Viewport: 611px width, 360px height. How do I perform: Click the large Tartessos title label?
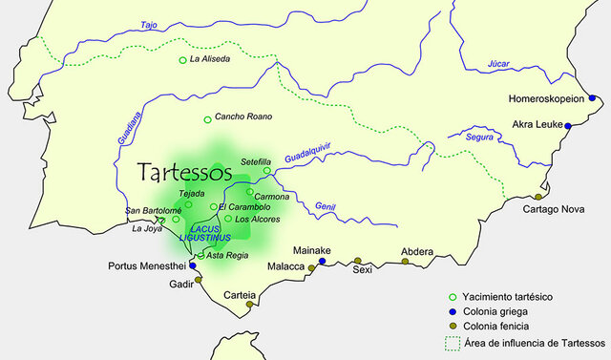pos(185,174)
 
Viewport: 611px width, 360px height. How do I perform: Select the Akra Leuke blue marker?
pos(568,126)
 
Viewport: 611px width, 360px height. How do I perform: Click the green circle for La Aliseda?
pos(182,61)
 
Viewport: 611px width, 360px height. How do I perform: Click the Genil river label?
pos(327,207)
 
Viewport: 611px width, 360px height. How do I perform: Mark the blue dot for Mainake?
pos(322,261)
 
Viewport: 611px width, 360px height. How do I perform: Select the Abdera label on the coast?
pos(417,251)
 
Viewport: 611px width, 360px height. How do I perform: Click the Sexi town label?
pos(361,270)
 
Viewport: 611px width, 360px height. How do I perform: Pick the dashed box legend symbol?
pos(454,341)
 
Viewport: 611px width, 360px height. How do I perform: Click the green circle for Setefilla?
pos(267,171)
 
